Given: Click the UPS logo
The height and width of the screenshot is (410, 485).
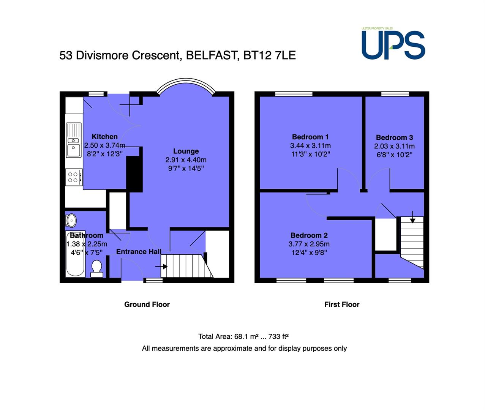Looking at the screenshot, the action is pos(393,44).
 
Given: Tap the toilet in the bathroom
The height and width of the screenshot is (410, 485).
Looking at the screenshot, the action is pos(97,269).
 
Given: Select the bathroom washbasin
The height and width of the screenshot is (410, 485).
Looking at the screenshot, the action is pos(71,221).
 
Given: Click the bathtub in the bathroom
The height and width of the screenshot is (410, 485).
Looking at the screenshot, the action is pos(75,254).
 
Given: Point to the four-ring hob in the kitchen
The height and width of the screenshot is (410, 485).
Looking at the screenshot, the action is pos(74,177).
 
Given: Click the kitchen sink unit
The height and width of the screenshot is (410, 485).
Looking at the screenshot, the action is pos(74,140).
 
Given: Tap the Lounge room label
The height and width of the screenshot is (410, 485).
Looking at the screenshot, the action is pos(186,151).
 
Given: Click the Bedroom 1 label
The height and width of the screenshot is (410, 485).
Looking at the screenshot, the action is pos(310,137).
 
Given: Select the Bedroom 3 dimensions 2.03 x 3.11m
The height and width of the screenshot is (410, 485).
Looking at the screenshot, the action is pos(394,146).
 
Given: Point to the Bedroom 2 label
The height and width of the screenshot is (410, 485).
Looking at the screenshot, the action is pos(309,235).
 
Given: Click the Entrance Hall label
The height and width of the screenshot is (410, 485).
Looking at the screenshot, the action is pos(139,252).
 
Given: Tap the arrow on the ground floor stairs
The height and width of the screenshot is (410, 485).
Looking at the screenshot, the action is pos(161,266).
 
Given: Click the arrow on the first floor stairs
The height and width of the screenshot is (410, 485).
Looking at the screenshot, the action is pos(412,217).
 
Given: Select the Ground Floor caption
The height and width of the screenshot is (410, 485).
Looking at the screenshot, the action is pos(147,304).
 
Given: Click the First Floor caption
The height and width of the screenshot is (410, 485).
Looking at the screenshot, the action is pos(342,304).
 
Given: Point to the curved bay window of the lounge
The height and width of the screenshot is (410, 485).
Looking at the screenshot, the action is pos(186,80).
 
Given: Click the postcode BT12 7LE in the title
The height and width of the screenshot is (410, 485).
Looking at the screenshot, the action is pos(269,55).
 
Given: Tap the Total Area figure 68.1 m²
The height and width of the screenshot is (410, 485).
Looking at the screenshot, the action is pos(245,337).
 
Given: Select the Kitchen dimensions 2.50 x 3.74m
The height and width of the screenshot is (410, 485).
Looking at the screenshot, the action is pos(105,145).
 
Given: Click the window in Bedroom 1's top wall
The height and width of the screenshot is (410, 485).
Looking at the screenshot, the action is pos(294,94).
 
